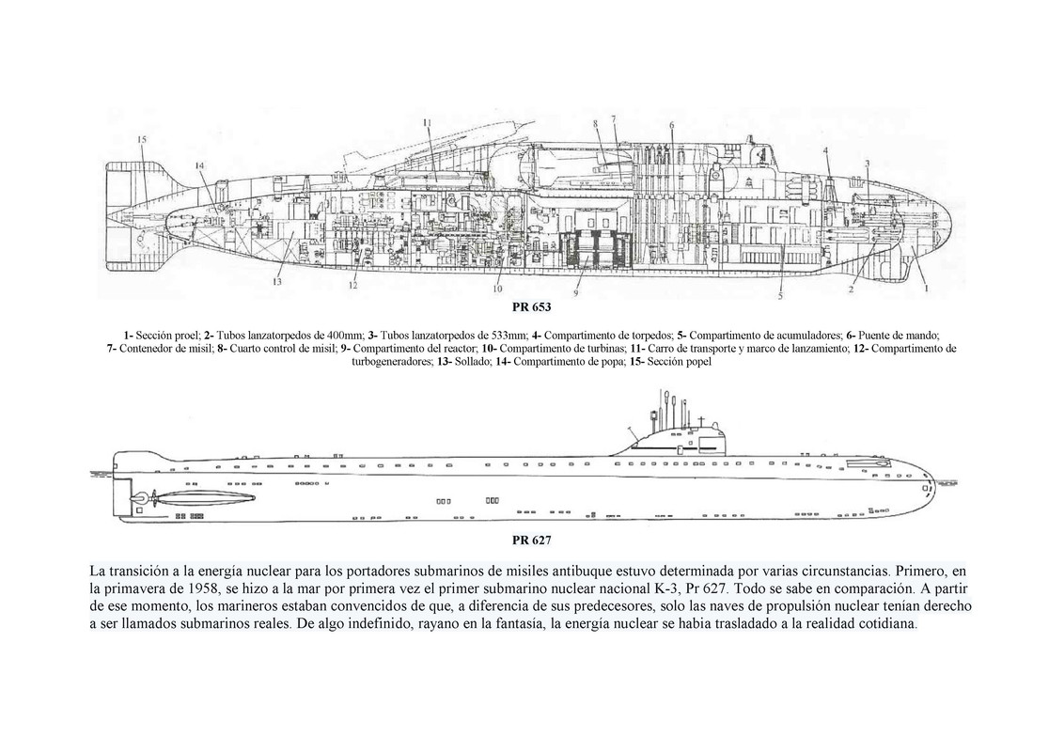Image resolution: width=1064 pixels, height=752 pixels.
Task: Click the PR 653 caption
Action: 532,307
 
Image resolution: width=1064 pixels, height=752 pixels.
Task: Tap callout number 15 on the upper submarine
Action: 142,141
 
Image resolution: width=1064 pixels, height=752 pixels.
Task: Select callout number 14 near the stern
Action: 200,165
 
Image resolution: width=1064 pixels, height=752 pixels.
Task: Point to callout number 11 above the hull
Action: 427,122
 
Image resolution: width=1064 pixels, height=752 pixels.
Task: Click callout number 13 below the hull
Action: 277,281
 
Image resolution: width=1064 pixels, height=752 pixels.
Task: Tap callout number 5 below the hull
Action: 779,297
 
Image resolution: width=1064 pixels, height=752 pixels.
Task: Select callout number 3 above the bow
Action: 867,164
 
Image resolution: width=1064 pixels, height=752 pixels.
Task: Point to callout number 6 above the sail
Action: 671,125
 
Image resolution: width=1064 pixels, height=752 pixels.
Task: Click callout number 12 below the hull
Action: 352,286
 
